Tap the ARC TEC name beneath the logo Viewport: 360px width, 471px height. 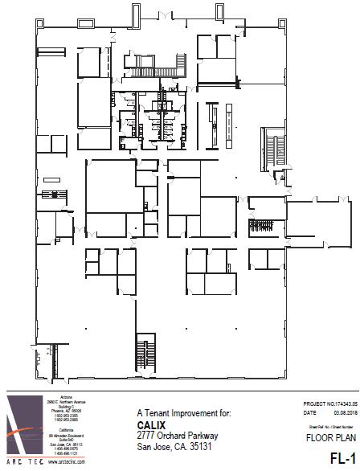click(x=22, y=463)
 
